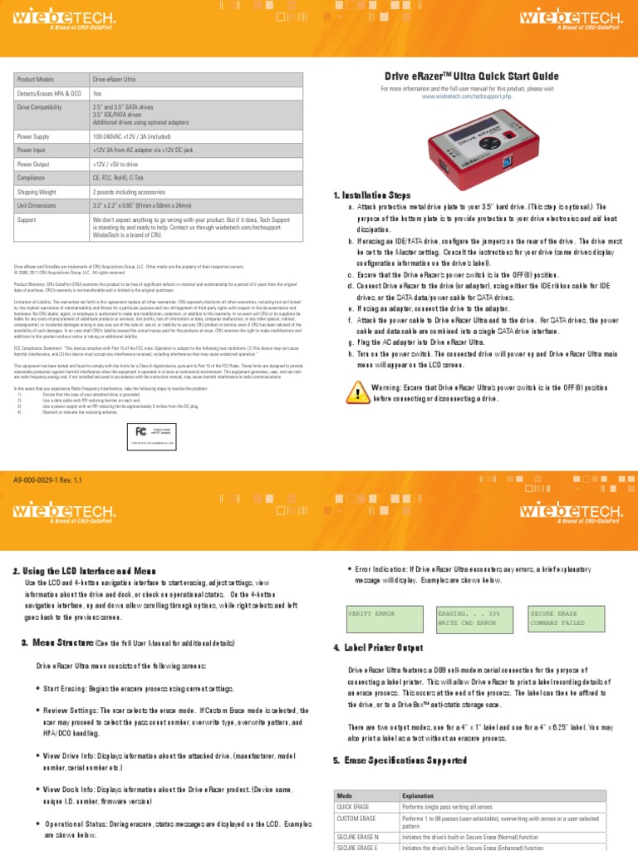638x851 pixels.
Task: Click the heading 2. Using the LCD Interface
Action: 85,572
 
